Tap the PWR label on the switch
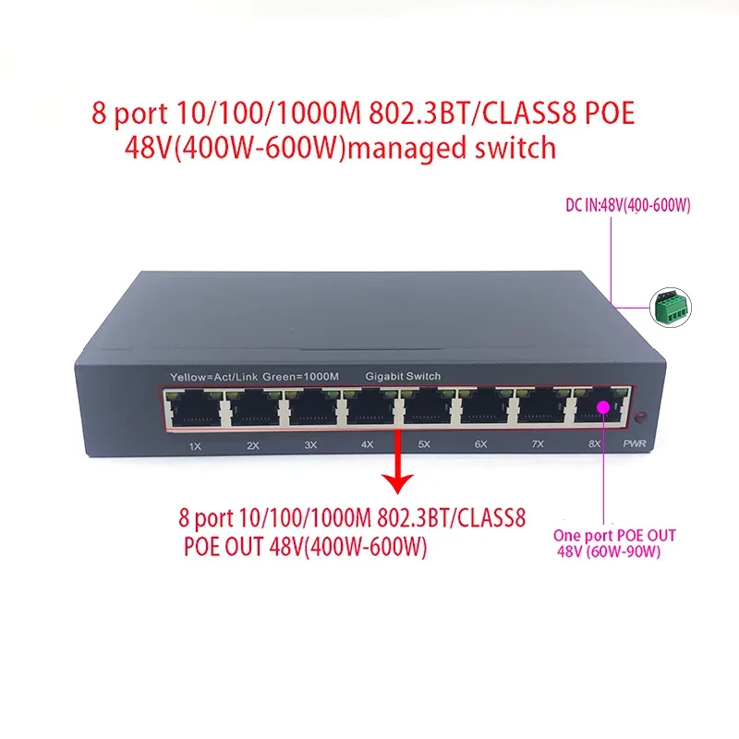[635, 445]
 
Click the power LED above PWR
[637, 418]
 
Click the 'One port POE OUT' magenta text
[613, 536]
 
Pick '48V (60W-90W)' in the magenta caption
[611, 551]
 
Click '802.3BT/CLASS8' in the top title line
[442, 114]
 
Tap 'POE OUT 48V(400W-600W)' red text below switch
[305, 546]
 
